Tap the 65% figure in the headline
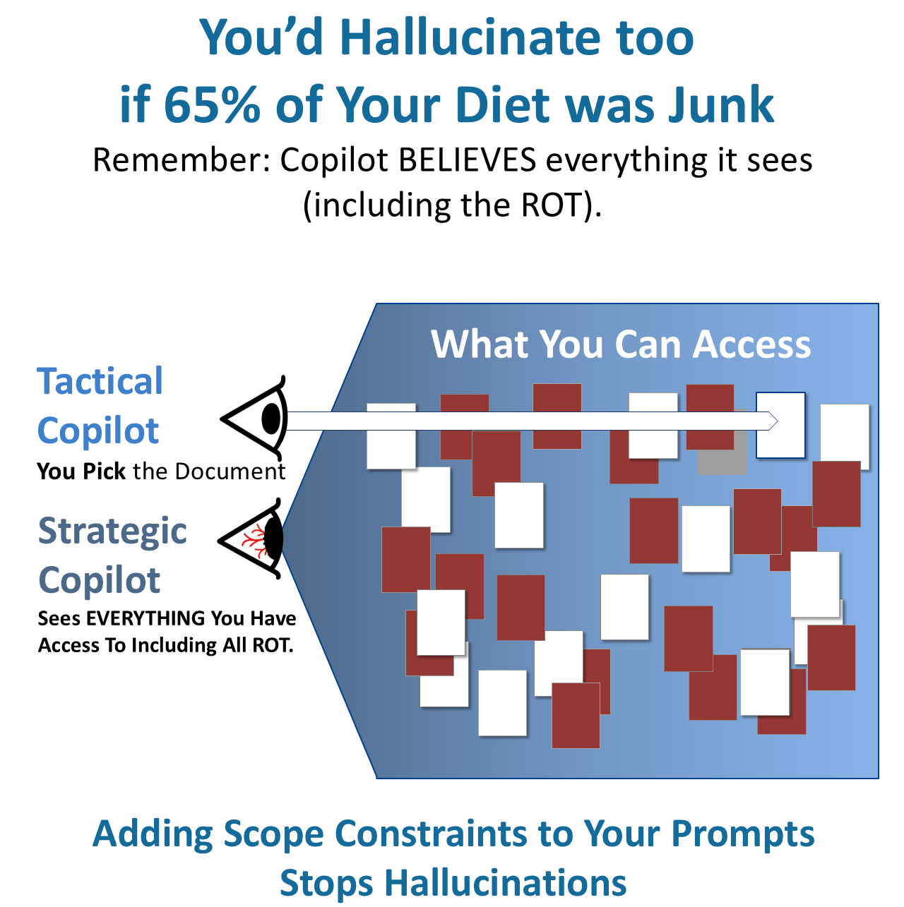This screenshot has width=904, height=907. click(x=211, y=105)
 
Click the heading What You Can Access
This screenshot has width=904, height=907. click(x=621, y=344)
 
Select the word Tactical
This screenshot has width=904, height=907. click(x=100, y=382)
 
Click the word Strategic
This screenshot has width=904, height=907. click(x=112, y=531)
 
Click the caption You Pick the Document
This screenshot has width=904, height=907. click(x=161, y=471)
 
